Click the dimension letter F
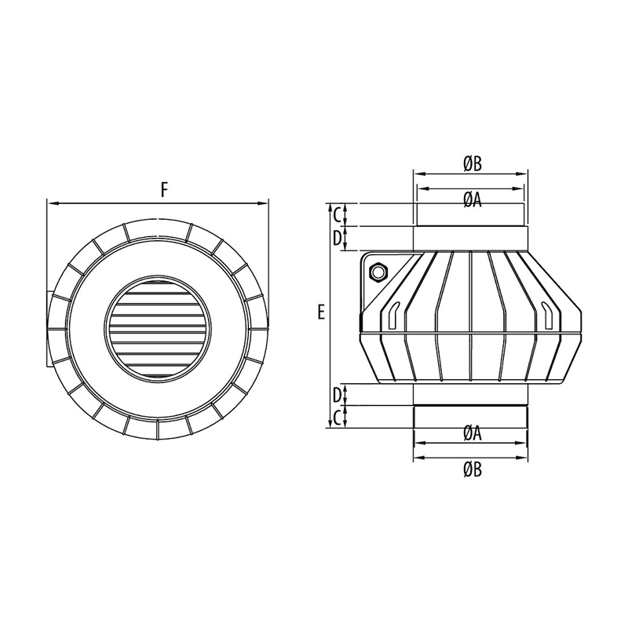(x=164, y=189)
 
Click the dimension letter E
(x=321, y=312)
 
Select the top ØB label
(x=473, y=164)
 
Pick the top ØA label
(x=473, y=200)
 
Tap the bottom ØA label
(x=473, y=434)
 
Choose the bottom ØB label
(x=473, y=469)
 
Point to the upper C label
(x=338, y=215)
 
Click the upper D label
(x=338, y=239)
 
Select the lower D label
(x=338, y=396)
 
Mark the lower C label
(x=338, y=418)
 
